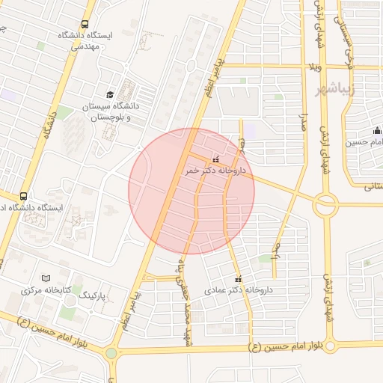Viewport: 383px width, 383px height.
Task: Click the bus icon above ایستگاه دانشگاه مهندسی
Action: (x=84, y=24)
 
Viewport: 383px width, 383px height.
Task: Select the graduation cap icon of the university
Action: (x=110, y=94)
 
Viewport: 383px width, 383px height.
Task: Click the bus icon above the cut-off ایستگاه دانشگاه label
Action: (x=24, y=196)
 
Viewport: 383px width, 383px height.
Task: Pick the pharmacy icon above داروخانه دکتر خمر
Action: (x=216, y=159)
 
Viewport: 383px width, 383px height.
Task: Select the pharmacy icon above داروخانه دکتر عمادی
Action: (x=239, y=278)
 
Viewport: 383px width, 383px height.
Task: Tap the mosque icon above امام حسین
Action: (x=376, y=129)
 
